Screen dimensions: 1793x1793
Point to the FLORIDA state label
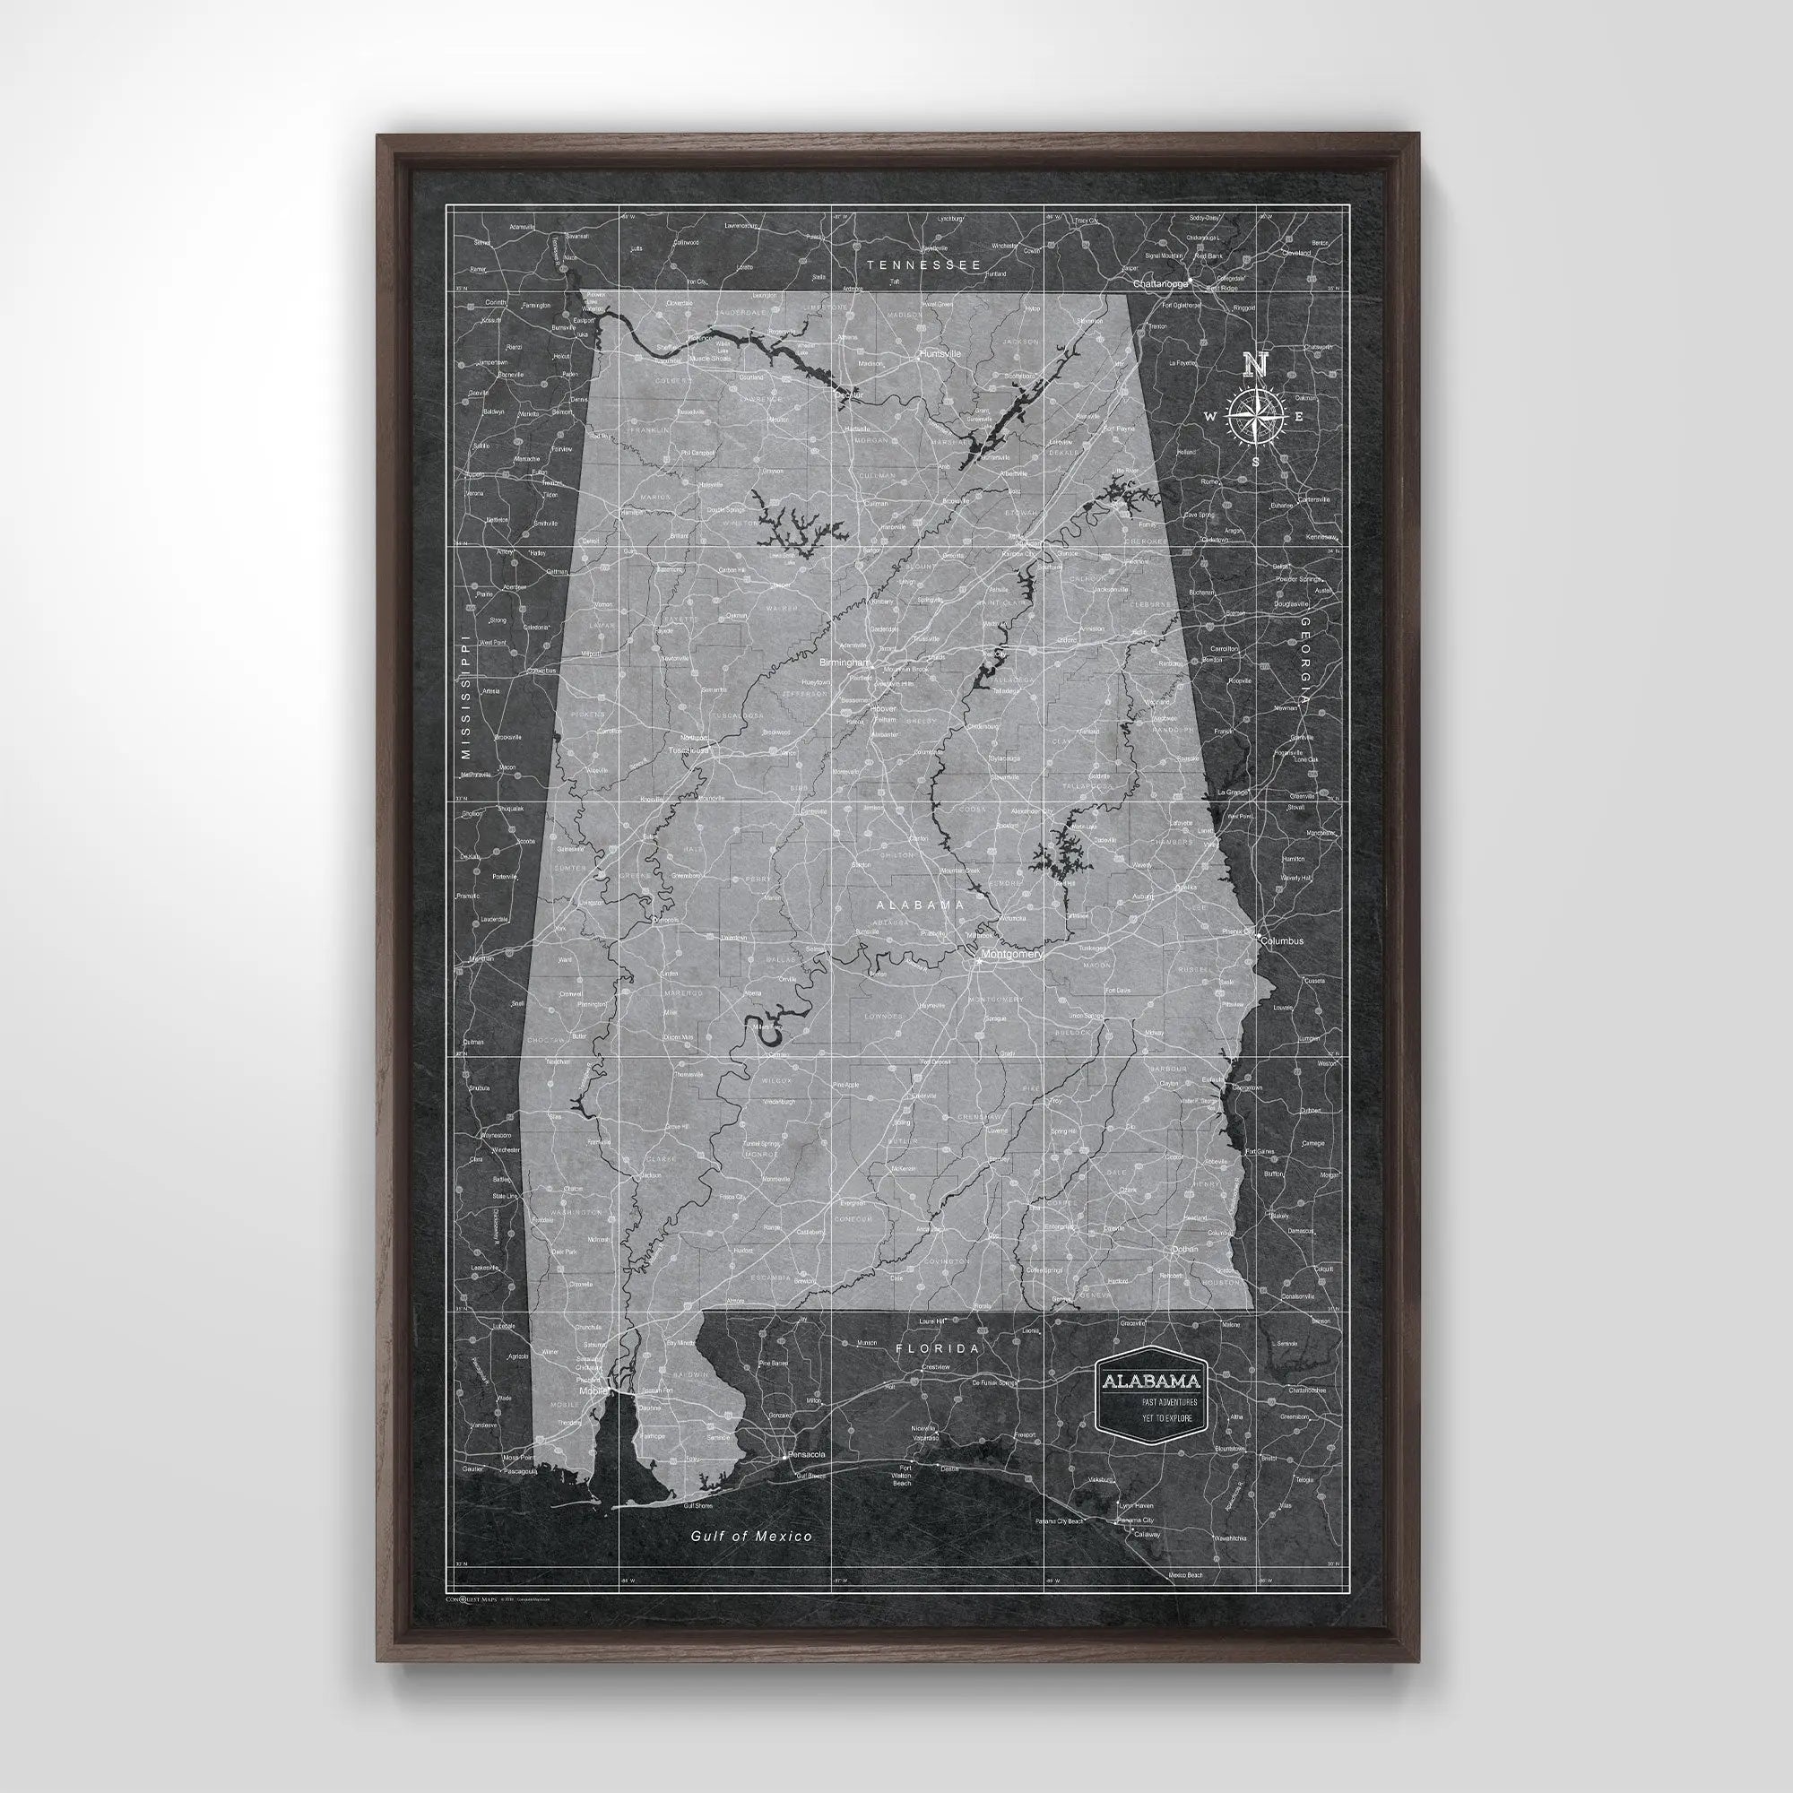[x=937, y=1348]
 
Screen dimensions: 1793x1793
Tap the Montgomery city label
[x=1011, y=954]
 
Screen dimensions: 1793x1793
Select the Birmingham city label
[x=845, y=663]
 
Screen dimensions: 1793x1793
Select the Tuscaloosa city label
[x=688, y=749]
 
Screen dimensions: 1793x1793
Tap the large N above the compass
[x=1255, y=365]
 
